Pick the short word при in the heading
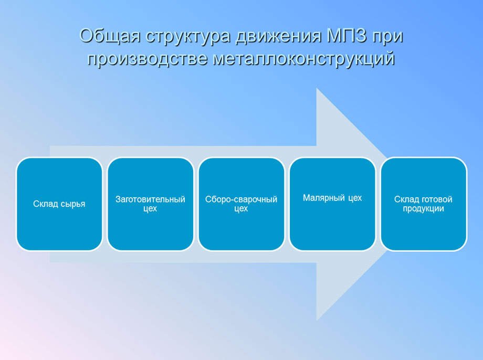click(x=387, y=38)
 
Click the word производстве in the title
click(x=146, y=59)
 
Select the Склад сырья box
click(x=59, y=204)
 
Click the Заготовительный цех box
click(x=150, y=204)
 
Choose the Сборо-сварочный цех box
click(x=241, y=204)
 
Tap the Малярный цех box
click(x=332, y=204)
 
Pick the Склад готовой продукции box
click(x=423, y=204)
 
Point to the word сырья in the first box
click(x=73, y=204)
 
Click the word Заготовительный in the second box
click(x=150, y=199)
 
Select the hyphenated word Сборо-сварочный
click(x=241, y=199)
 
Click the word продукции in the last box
click(x=423, y=208)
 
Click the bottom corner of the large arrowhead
click(x=317, y=320)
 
